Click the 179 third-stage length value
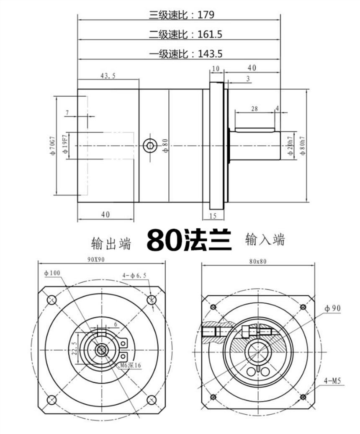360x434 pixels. click(x=206, y=15)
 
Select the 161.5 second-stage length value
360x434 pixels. click(x=210, y=34)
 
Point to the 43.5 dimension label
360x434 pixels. click(x=108, y=75)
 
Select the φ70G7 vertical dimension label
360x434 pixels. click(x=53, y=145)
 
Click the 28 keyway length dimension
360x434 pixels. click(x=254, y=108)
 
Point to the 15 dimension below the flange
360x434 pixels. click(x=212, y=216)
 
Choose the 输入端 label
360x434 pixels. click(x=265, y=240)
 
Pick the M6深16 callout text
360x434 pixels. click(x=131, y=365)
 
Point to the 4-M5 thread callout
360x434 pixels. click(x=333, y=381)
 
